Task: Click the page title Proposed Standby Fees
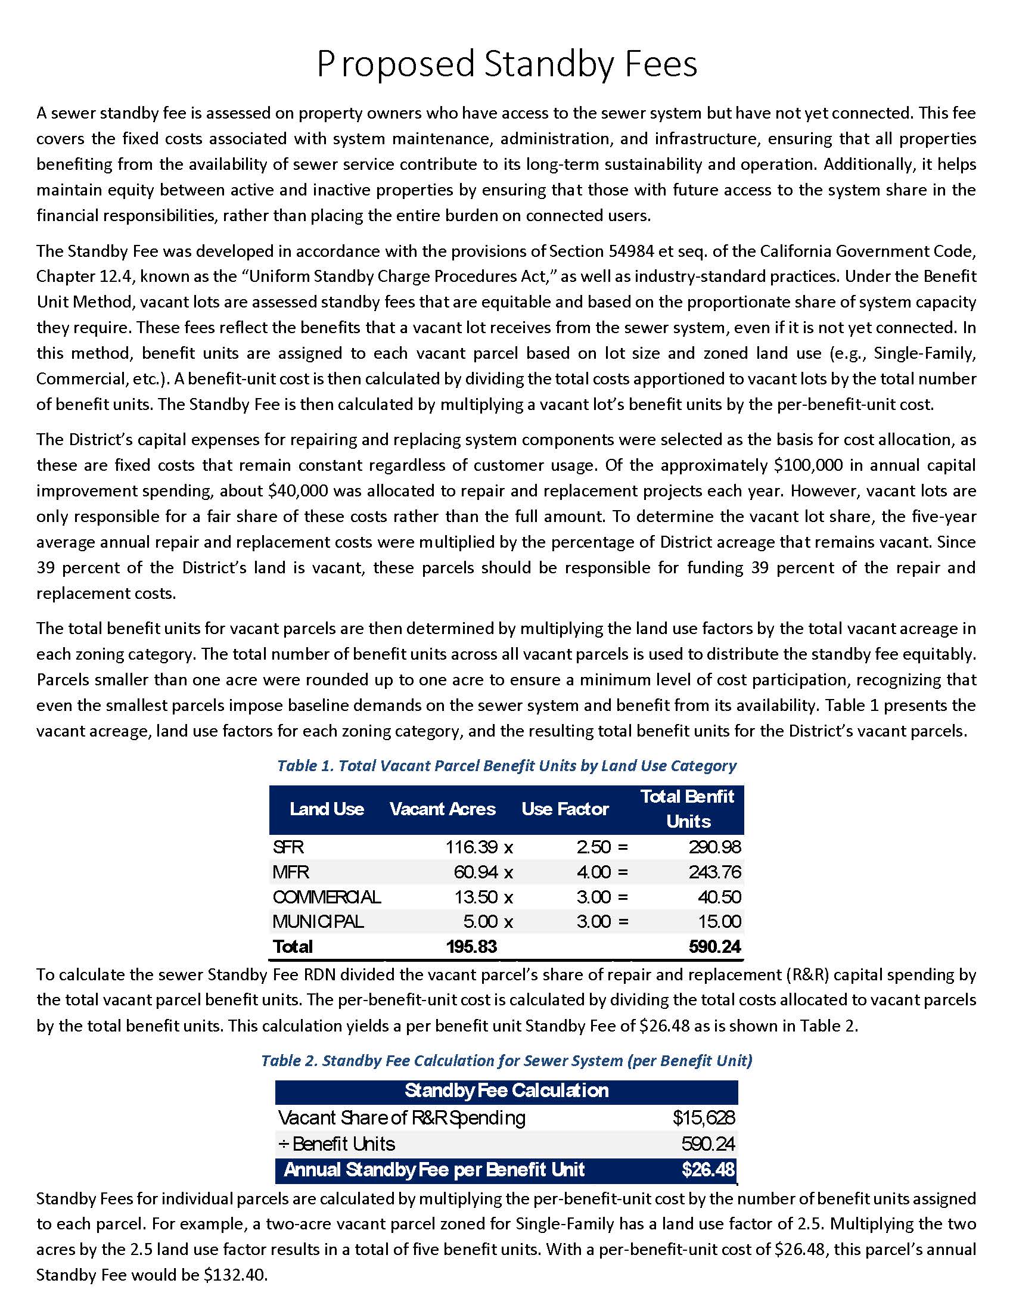506,64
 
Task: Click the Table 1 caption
506,766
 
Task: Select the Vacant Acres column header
442,809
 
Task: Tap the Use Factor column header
565,809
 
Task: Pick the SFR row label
288,847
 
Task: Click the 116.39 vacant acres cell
472,847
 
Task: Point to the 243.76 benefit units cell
714,872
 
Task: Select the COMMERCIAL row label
327,897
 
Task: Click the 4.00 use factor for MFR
593,872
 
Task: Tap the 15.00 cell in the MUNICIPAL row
720,921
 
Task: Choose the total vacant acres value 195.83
472,947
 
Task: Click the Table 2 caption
506,1061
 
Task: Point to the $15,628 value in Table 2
703,1117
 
